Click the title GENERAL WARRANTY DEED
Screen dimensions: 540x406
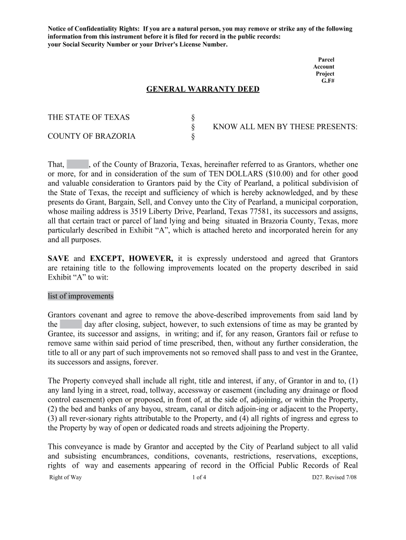pyautogui.click(x=202, y=89)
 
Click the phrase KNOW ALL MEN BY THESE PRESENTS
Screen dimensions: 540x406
pyautogui.click(x=285, y=127)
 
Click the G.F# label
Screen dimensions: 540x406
pyautogui.click(x=327, y=81)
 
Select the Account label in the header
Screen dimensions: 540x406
pyautogui.click(x=323, y=66)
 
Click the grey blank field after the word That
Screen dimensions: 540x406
pyautogui.click(x=78, y=164)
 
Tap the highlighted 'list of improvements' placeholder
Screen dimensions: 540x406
pyautogui.click(x=81, y=296)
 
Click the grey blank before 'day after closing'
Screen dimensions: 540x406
pyautogui.click(x=71, y=324)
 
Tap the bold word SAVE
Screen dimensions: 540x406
pyautogui.click(x=59, y=258)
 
